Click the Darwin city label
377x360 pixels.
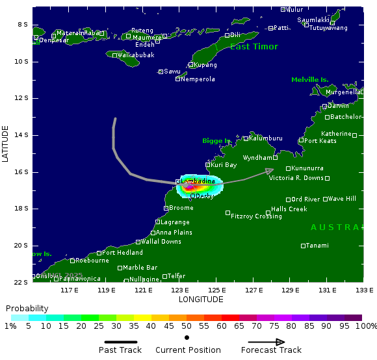(x=337, y=106)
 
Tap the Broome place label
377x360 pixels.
(x=181, y=208)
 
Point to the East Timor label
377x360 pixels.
(x=253, y=47)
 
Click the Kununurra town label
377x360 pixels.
(x=307, y=168)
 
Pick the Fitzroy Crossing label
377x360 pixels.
(x=256, y=216)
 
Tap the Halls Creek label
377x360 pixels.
(x=289, y=209)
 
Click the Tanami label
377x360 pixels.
(x=317, y=246)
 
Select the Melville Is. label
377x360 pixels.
(x=309, y=80)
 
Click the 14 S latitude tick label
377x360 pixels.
(x=21, y=135)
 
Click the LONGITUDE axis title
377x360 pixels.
(x=200, y=300)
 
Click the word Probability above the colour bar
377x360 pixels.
(x=27, y=308)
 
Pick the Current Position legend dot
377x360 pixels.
(x=187, y=338)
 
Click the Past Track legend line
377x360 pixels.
(x=121, y=342)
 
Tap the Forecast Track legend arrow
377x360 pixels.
(x=266, y=342)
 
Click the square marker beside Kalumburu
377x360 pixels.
(x=246, y=138)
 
